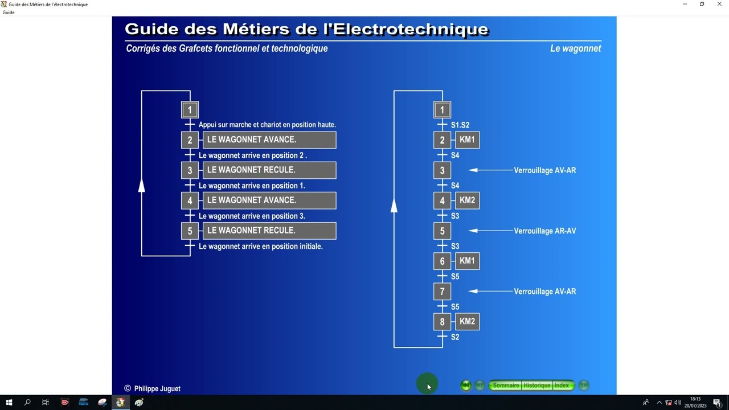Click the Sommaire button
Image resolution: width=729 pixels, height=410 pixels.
(x=505, y=386)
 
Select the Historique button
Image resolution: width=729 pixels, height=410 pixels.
(x=537, y=386)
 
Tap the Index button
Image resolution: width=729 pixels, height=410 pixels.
(x=562, y=386)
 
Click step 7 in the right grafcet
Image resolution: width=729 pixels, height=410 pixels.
(x=442, y=291)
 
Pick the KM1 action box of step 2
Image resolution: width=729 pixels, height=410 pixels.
(x=467, y=140)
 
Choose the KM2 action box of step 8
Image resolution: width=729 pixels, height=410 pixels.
(x=467, y=321)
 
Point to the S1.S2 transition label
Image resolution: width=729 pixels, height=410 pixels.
(x=460, y=125)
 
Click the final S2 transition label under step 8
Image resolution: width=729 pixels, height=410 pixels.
(x=455, y=337)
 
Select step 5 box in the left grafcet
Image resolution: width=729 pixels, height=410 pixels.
(x=190, y=231)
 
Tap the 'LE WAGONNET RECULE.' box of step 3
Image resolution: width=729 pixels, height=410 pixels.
(x=269, y=170)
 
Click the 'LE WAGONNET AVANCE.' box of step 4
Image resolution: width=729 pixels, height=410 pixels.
(x=269, y=200)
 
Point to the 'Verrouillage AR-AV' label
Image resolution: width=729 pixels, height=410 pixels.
(x=545, y=231)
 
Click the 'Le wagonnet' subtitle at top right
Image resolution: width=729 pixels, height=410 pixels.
(x=575, y=48)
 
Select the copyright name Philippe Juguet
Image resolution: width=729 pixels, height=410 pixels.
(x=157, y=388)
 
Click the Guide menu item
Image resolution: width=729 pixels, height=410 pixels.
(x=9, y=13)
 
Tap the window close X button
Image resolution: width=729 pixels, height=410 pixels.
(x=719, y=4)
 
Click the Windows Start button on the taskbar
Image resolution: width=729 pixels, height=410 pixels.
(x=9, y=403)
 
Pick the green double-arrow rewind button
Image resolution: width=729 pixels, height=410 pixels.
(x=466, y=386)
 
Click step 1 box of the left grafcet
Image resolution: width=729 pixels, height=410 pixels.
(x=190, y=110)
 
